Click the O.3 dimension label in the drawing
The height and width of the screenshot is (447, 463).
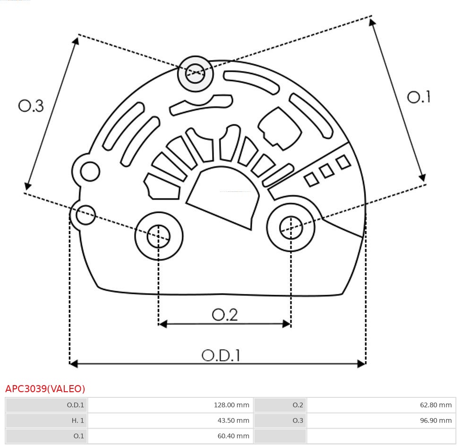31,106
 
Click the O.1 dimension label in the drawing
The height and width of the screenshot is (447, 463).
419,97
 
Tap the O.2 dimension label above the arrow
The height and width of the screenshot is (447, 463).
224,315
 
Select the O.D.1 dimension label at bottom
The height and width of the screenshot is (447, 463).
221,355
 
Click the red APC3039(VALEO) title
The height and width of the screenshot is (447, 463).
45,389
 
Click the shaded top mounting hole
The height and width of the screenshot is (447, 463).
195,73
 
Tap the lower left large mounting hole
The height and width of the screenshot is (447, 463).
159,236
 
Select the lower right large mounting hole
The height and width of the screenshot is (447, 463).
291,228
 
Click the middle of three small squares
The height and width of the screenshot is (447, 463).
326,171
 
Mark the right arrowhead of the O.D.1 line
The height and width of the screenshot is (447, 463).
361,363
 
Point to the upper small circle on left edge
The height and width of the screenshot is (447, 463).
90,171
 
